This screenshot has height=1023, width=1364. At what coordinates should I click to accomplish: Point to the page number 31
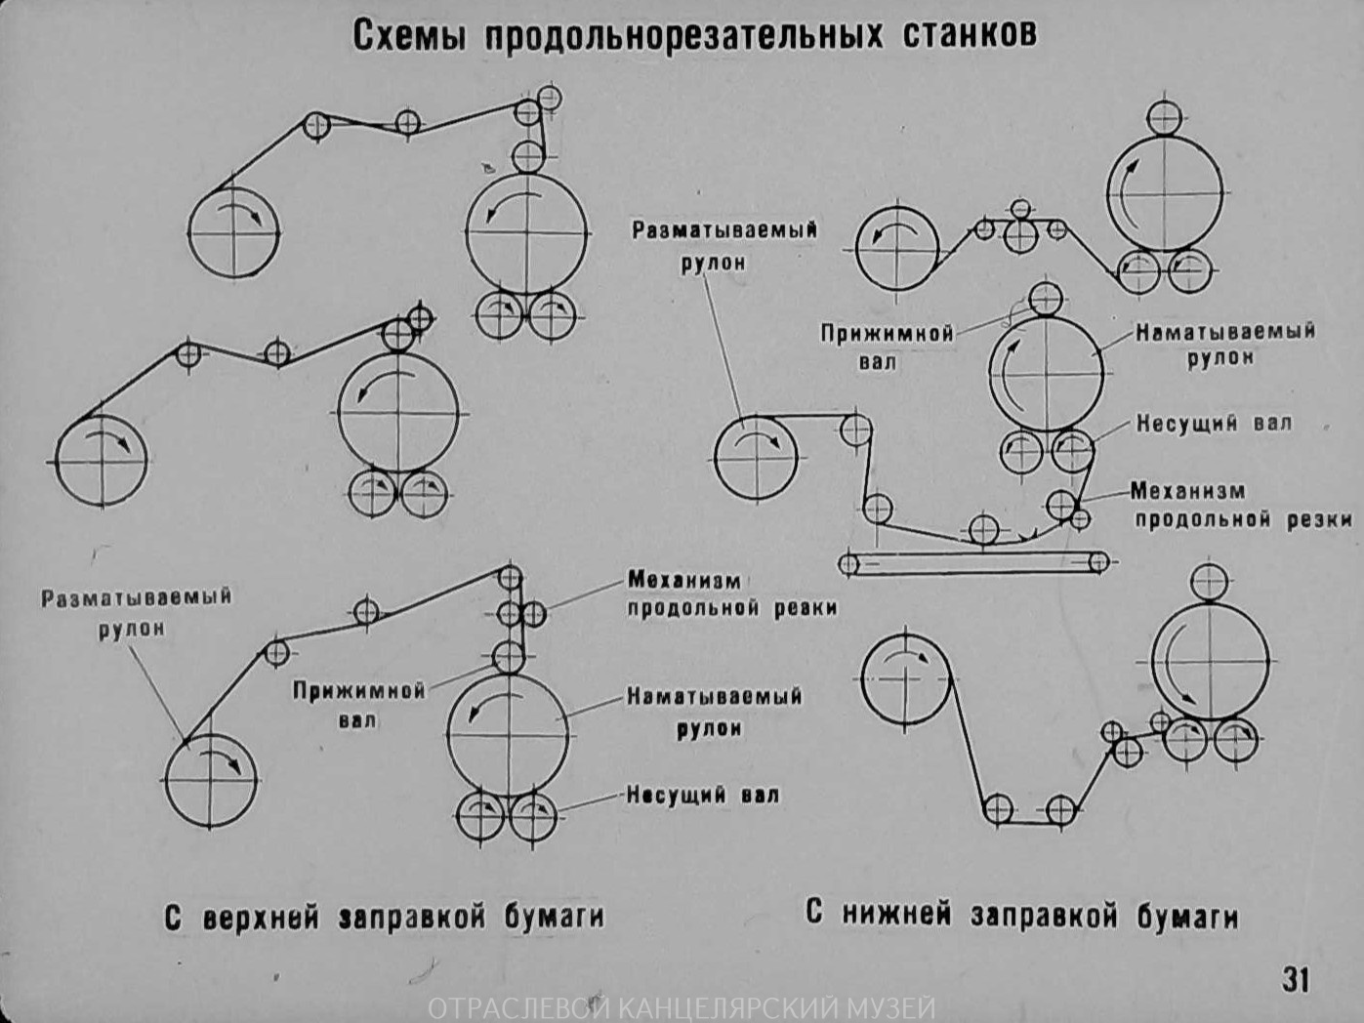pyautogui.click(x=1296, y=978)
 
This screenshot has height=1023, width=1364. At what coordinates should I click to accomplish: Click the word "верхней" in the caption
pyautogui.click(x=261, y=918)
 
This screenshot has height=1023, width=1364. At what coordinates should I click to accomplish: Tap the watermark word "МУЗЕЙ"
pyautogui.click(x=894, y=1008)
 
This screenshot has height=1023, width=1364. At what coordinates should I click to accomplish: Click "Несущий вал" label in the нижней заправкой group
pyautogui.click(x=1214, y=424)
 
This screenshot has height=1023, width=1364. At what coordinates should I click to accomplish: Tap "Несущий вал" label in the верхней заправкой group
pyautogui.click(x=703, y=795)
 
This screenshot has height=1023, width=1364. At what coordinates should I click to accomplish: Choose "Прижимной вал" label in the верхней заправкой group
pyautogui.click(x=359, y=705)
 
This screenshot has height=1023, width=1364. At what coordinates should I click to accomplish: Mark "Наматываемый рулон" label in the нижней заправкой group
pyautogui.click(x=1224, y=345)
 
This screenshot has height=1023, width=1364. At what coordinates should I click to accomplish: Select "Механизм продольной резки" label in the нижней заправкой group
pyautogui.click(x=1241, y=505)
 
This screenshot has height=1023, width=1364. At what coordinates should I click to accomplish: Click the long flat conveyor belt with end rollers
pyautogui.click(x=973, y=562)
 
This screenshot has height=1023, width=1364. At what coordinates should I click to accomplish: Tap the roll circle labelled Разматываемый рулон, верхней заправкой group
pyautogui.click(x=211, y=781)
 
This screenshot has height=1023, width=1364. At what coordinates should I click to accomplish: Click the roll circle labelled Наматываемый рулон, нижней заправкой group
pyautogui.click(x=1047, y=373)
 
